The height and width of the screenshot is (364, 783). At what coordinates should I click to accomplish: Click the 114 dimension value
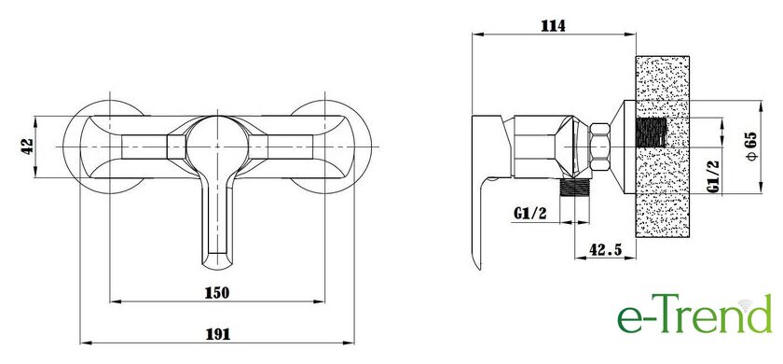click(x=554, y=26)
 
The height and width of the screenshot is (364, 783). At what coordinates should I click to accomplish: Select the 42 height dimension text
click(x=27, y=146)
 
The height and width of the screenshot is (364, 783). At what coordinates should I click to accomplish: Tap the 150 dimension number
click(x=217, y=292)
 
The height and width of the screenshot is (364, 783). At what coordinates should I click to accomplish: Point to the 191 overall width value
click(x=218, y=334)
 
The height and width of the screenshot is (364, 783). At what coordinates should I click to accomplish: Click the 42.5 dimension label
click(x=605, y=250)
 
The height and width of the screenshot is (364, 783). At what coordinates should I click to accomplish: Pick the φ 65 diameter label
click(x=752, y=147)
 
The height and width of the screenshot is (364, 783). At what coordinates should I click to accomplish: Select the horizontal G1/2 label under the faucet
click(x=529, y=214)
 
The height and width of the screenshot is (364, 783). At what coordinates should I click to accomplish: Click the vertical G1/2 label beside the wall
click(x=714, y=176)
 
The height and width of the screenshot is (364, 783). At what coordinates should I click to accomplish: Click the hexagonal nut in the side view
click(x=599, y=147)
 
